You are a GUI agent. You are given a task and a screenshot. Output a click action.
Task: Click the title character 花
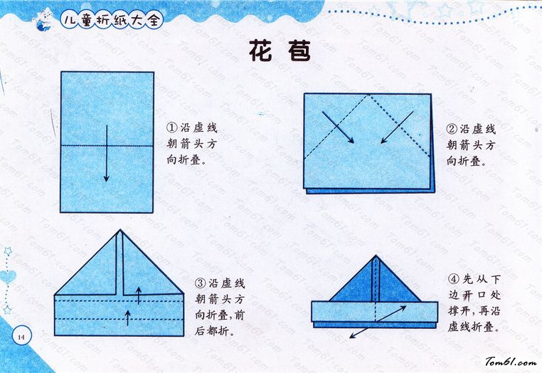click(260, 51)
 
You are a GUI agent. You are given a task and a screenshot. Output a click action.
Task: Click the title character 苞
click(299, 51)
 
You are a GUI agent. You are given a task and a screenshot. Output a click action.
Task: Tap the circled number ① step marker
click(172, 127)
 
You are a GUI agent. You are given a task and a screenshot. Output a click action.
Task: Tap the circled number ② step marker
click(452, 130)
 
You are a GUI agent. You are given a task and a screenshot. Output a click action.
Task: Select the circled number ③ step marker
click(200, 284)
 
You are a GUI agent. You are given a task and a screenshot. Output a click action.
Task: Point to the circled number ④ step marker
click(453, 279)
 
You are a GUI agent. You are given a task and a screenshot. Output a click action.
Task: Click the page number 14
click(21, 337)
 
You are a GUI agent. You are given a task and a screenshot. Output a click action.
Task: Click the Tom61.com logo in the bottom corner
click(511, 362)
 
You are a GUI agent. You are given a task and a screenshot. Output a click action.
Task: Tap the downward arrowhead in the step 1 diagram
click(107, 178)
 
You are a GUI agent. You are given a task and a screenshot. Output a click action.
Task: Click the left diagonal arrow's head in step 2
click(351, 140)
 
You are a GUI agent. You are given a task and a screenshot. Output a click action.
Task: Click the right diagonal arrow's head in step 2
click(383, 140)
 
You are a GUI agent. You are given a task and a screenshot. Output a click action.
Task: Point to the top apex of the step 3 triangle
click(120, 229)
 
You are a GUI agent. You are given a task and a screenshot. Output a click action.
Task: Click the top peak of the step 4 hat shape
click(376, 256)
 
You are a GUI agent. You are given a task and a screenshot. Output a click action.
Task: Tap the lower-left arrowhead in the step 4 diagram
click(353, 336)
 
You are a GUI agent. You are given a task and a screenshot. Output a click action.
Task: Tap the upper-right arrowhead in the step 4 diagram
click(403, 308)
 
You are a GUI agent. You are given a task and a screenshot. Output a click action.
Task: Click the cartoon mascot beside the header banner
click(43, 20)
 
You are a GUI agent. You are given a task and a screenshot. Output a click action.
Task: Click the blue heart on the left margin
click(8, 276)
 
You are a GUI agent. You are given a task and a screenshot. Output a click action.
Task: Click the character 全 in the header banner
click(154, 20)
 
